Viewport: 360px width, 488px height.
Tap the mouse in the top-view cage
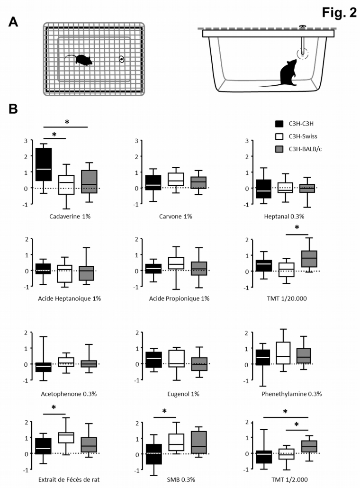click(81, 60)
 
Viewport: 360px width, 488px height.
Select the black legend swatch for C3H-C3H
click(279, 124)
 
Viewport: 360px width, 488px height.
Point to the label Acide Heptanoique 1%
click(65, 298)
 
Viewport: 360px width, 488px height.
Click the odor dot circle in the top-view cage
click(121, 59)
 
